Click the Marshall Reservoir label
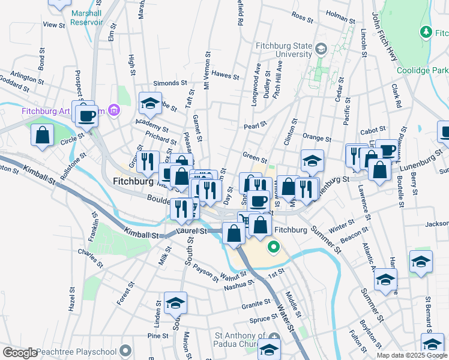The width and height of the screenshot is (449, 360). click(x=86, y=17)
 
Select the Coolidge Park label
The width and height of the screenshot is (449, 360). click(x=423, y=70)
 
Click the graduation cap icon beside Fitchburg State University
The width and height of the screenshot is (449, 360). click(x=321, y=49)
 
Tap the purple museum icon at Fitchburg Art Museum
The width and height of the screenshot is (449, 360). click(x=115, y=111)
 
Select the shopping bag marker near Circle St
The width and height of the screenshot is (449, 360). click(x=43, y=136)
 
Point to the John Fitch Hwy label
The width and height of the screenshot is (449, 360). click(x=385, y=36)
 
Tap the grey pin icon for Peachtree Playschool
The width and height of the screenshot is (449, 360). click(x=125, y=350)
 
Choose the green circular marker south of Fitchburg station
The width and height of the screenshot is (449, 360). click(x=274, y=246)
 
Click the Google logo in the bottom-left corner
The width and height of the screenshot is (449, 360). click(x=19, y=353)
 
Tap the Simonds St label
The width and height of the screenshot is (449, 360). click(x=166, y=83)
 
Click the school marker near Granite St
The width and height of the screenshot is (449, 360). click(x=176, y=304)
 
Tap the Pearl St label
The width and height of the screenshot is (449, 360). click(x=255, y=126)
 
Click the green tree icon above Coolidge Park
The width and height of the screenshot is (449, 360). click(x=426, y=31)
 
